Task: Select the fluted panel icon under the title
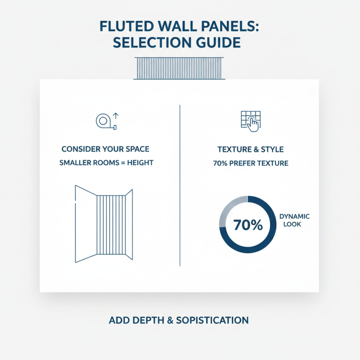click(180, 68)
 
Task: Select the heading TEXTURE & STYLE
click(250, 149)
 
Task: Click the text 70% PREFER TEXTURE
click(250, 163)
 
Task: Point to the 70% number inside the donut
click(248, 225)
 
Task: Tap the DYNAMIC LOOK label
click(294, 220)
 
